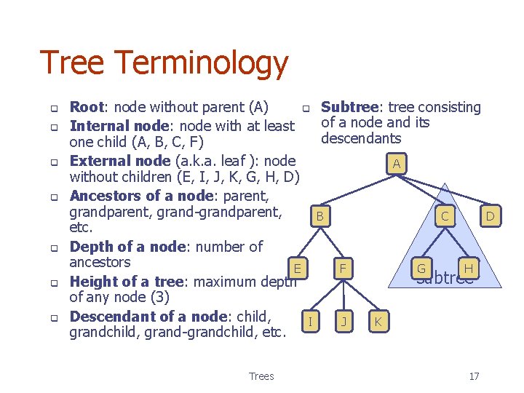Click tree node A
point(396,164)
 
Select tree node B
point(319,216)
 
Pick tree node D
point(490,216)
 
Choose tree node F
point(343,269)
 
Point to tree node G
point(421,269)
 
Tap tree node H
point(468,269)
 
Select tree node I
point(311,321)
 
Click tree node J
point(343,321)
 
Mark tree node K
point(378,321)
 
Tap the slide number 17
point(474,376)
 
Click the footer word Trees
point(261,376)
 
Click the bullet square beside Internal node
point(53,127)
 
